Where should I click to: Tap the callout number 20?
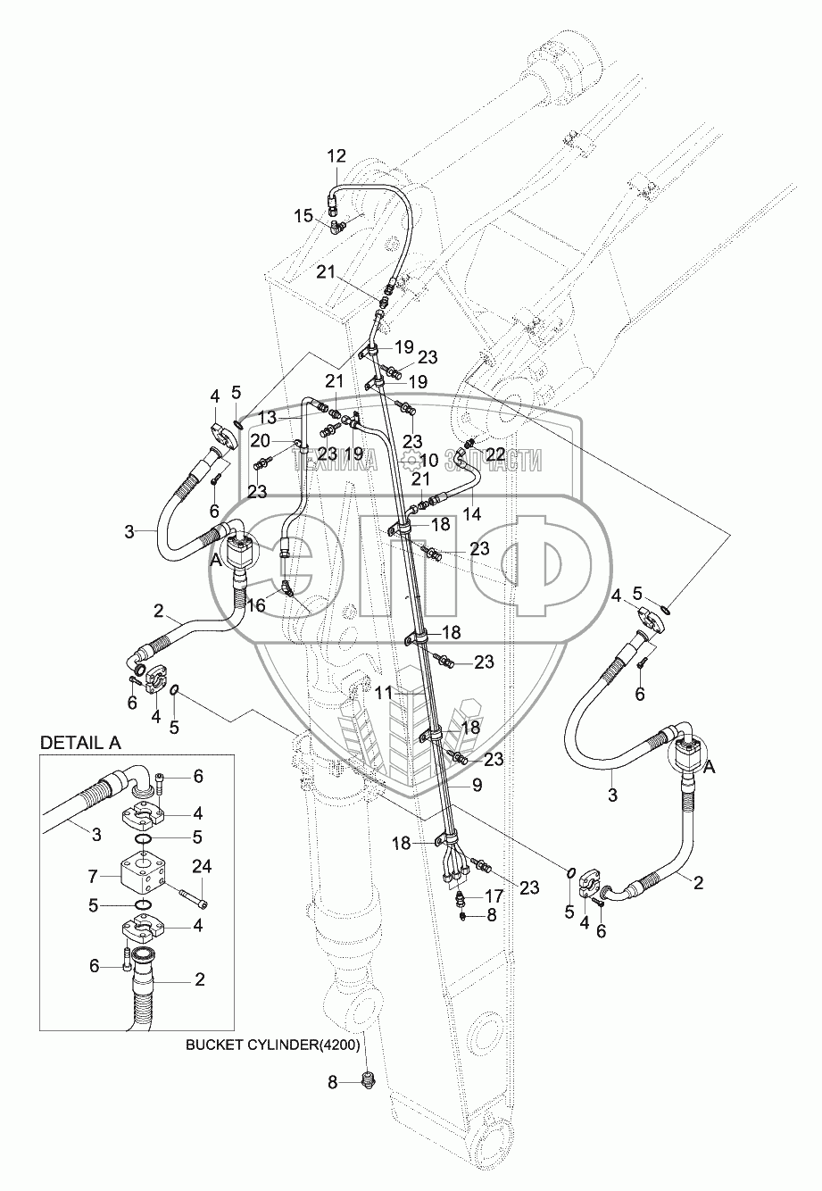point(260,440)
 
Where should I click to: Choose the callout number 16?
point(255,605)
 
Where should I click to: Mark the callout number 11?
point(384,691)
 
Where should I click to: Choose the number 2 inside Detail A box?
point(199,979)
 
